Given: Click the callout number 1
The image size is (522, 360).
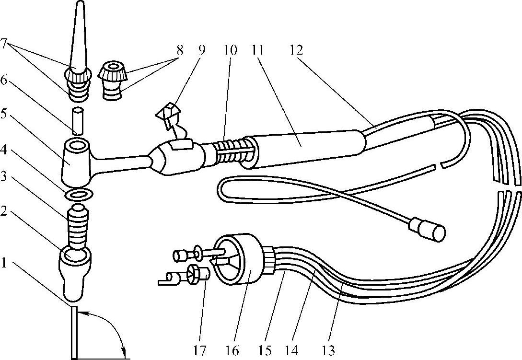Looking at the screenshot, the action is (x=4, y=264).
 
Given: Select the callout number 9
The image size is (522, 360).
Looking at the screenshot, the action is (x=201, y=50).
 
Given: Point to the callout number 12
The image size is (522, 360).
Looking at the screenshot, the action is (x=296, y=50).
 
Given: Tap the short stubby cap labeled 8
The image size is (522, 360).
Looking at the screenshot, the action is (x=113, y=80).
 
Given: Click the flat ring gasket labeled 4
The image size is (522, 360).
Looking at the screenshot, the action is (x=79, y=194).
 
